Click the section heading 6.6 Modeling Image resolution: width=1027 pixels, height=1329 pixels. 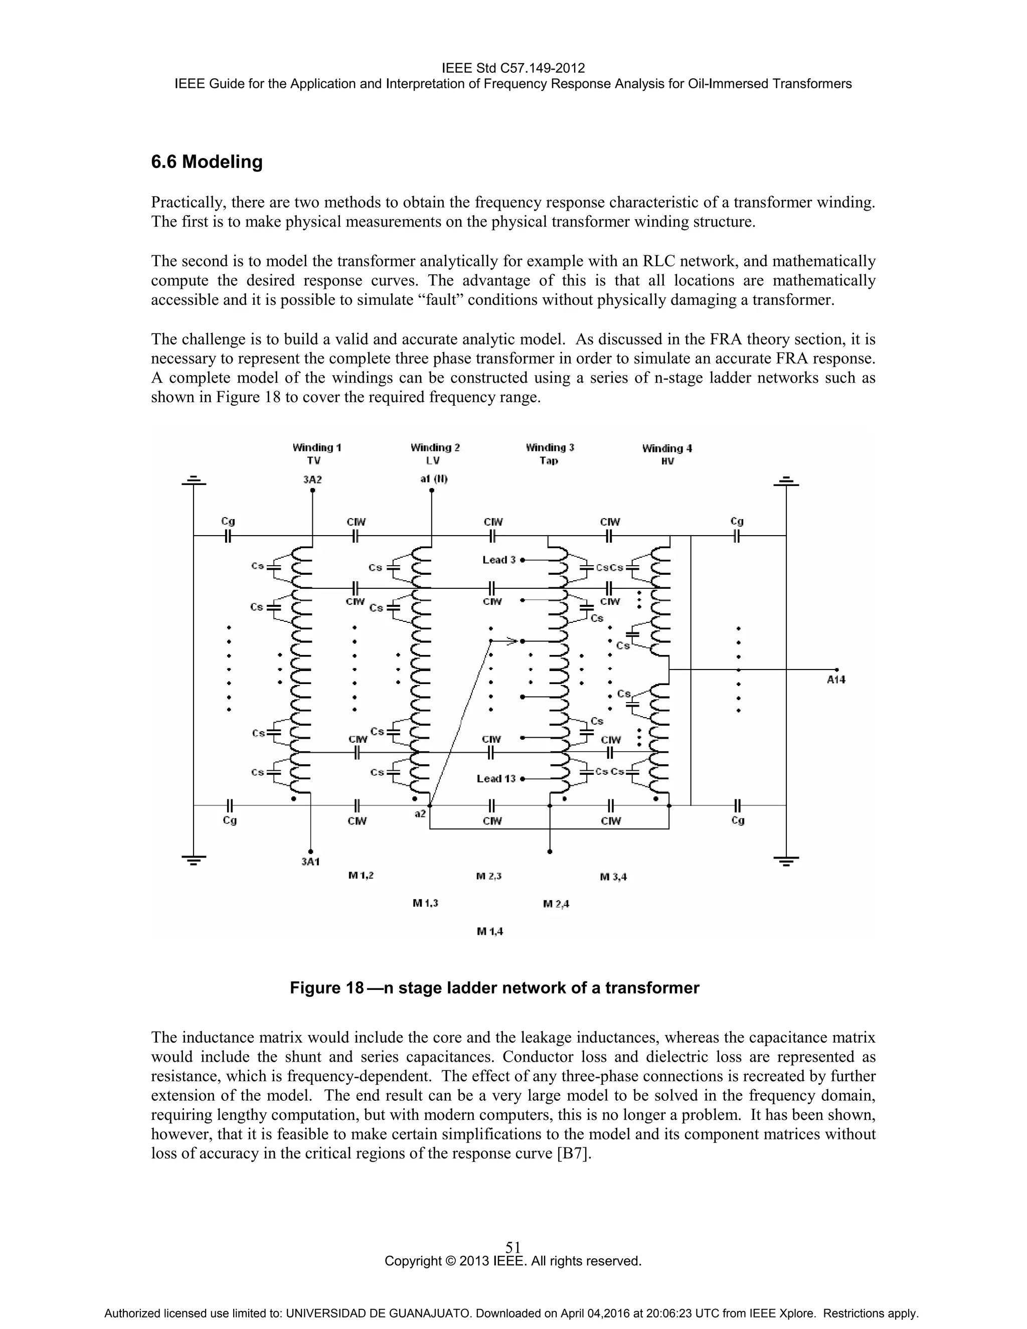[x=207, y=162]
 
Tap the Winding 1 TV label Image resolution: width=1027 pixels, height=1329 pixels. [x=316, y=454]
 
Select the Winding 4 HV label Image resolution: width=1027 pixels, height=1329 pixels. [x=667, y=454]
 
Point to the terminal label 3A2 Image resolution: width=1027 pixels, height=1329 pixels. [x=312, y=479]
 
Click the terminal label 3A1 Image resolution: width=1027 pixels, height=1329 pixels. [x=310, y=861]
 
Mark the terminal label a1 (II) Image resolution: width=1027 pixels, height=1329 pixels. [x=434, y=479]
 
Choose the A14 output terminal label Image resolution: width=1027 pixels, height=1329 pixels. [x=836, y=680]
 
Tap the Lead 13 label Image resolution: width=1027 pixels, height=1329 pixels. [x=496, y=778]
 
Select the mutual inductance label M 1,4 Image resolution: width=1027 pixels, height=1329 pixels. [x=490, y=931]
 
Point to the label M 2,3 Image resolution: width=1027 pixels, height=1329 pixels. [x=488, y=876]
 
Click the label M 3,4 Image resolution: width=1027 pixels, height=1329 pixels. [x=613, y=877]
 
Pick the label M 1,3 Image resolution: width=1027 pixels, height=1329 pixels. [x=425, y=903]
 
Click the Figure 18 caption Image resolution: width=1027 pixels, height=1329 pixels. [x=494, y=987]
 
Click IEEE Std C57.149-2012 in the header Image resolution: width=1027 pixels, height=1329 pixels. [x=513, y=68]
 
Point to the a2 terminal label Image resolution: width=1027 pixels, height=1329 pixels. [x=420, y=813]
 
